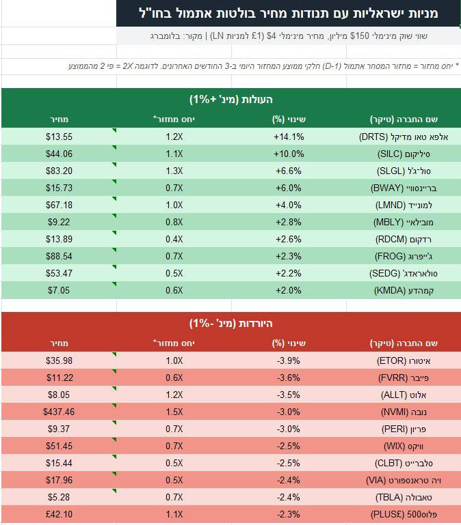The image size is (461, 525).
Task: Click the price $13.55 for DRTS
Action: (59, 137)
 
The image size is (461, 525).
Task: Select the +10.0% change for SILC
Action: (289, 154)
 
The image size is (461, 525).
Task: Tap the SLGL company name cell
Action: (404, 171)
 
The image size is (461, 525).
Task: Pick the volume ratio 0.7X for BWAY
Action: (174, 188)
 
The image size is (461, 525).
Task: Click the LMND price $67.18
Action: (59, 205)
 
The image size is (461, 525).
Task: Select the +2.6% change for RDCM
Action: (289, 239)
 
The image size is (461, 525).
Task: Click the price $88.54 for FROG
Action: (59, 256)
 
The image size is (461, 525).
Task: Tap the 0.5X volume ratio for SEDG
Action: (174, 273)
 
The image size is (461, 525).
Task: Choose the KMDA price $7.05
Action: (59, 290)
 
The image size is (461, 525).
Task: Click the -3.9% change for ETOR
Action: (289, 360)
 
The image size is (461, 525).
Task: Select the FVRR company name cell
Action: (404, 378)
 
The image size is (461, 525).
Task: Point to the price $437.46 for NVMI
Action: (59, 412)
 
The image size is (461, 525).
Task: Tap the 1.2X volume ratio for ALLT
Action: (174, 395)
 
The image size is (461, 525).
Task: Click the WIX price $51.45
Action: (59, 446)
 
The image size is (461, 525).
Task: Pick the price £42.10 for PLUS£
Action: (59, 514)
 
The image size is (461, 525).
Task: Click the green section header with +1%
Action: (231, 100)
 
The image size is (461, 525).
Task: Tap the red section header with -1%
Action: (231, 324)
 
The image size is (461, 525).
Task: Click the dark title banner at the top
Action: (288, 14)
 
